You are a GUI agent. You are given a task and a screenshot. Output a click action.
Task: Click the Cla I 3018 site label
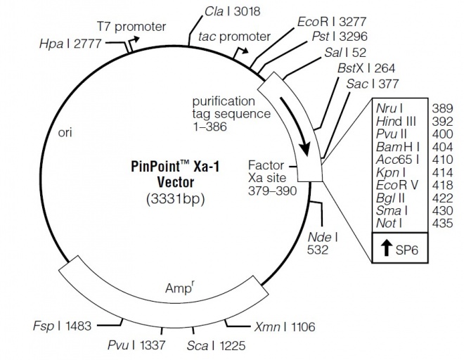tap(232, 11)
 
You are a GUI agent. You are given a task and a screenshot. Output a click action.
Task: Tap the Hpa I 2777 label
tap(70, 44)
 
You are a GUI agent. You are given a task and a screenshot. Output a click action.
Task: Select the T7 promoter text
tap(131, 27)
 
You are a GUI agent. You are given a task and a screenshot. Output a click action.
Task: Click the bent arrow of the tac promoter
tap(240, 53)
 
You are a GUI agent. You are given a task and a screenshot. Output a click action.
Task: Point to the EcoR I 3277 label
tap(332, 22)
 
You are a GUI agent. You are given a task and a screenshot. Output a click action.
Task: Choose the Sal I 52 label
tap(345, 53)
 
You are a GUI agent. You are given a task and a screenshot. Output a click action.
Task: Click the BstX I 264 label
tap(366, 68)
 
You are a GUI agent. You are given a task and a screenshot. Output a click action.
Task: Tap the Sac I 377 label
tap(373, 84)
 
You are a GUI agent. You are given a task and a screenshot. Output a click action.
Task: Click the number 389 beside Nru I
tap(442, 109)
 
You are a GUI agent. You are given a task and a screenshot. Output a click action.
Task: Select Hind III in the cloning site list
tap(397, 122)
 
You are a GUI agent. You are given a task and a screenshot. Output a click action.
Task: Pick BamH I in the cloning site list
tap(398, 147)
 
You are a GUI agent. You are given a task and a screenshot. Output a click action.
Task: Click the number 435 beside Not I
tap(442, 223)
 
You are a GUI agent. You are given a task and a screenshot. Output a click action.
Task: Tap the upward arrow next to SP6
tap(386, 247)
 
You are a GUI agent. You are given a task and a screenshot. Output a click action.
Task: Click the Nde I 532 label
tap(322, 244)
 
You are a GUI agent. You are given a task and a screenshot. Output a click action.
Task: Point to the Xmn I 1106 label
tap(285, 327)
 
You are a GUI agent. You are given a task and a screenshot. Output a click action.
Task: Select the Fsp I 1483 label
tap(62, 326)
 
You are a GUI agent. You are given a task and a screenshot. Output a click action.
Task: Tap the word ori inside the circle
tap(65, 132)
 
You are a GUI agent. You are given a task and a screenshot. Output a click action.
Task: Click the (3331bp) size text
tap(176, 199)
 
